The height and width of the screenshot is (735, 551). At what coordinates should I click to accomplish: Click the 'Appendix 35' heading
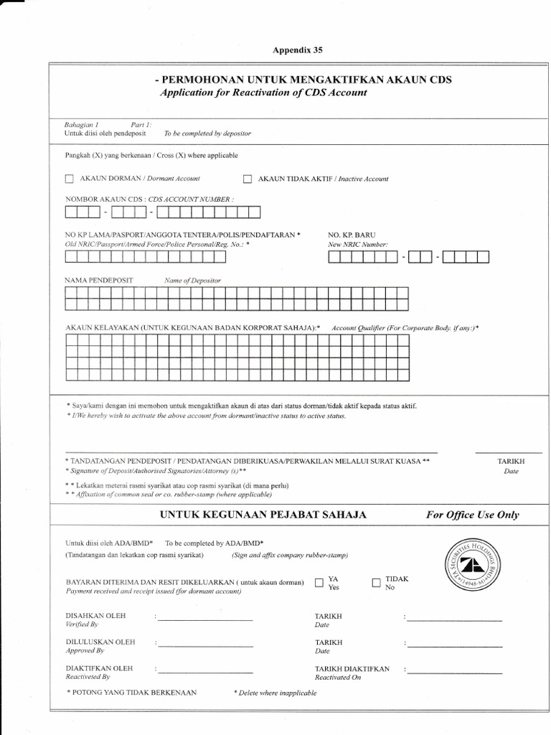coord(298,50)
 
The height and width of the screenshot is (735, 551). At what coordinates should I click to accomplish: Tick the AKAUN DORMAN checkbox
coord(69,179)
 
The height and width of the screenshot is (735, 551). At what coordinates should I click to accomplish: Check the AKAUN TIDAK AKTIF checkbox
coord(248,179)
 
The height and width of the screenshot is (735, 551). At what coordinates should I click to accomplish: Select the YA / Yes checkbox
coord(319,583)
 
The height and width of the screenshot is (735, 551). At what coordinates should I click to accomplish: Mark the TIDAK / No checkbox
coord(377,583)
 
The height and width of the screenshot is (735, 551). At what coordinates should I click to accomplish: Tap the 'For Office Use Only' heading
coord(472,515)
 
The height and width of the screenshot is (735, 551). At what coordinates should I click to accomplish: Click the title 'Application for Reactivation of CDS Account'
coord(263,93)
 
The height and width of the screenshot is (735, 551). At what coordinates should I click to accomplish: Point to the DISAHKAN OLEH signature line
coord(205,619)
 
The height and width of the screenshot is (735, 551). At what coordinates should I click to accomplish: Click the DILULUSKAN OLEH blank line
coord(205,646)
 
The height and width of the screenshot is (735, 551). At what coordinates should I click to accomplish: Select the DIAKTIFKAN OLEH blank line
coord(205,673)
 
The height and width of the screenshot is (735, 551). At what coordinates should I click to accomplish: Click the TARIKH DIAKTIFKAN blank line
coord(455,673)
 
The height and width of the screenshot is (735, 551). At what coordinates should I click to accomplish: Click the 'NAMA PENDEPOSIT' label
coord(99,280)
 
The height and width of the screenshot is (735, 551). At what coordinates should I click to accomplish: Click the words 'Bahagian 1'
coord(81,124)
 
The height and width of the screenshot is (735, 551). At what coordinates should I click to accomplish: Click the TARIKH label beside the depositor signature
coord(511,461)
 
